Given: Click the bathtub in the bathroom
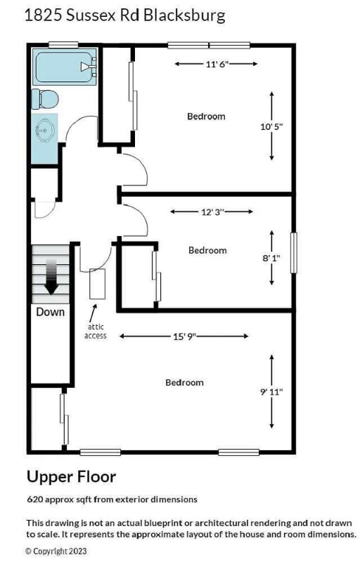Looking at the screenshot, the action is click(x=65, y=67).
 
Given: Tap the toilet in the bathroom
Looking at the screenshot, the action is click(x=45, y=99).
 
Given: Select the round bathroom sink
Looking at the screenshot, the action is click(x=45, y=129).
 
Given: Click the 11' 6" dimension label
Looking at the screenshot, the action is click(x=217, y=64).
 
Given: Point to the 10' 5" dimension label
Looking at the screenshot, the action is click(x=271, y=126).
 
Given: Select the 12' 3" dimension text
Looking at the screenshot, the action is click(x=212, y=212).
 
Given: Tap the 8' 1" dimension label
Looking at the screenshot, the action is click(x=271, y=258).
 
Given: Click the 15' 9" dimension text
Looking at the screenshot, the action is click(x=185, y=336).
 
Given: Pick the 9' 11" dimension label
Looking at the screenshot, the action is click(x=271, y=391).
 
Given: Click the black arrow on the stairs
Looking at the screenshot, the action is click(x=51, y=277).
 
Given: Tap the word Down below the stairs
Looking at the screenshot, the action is click(x=50, y=312).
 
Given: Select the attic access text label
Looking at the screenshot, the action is click(x=96, y=331).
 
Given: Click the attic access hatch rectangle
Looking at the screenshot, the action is click(x=97, y=284).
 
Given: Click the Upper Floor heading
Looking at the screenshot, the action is click(x=71, y=477).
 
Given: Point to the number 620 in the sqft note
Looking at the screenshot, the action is click(x=35, y=499).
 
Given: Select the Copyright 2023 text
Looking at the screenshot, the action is click(x=56, y=551).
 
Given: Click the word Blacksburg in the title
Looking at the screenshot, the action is click(x=184, y=15).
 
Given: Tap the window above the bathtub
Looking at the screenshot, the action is click(x=63, y=45).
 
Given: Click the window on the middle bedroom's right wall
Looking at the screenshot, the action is click(x=294, y=253).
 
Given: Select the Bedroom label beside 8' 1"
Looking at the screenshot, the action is click(x=207, y=250).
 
